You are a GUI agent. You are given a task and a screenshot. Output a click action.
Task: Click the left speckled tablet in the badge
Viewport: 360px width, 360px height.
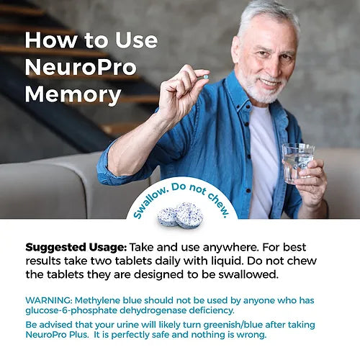pyautogui.click(x=168, y=215)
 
